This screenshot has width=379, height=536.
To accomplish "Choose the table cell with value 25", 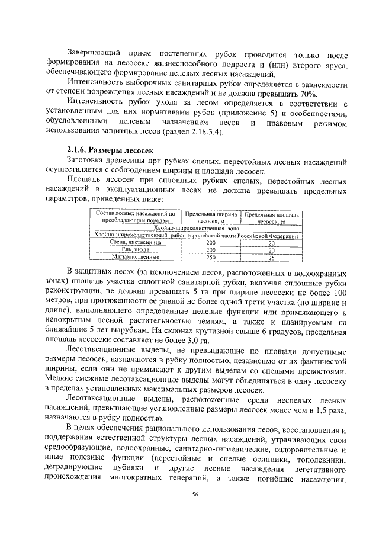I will coord(271,258).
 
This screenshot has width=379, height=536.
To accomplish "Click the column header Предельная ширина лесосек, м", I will coord(211,217).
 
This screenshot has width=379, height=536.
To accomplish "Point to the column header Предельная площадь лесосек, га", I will coord(272,217).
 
